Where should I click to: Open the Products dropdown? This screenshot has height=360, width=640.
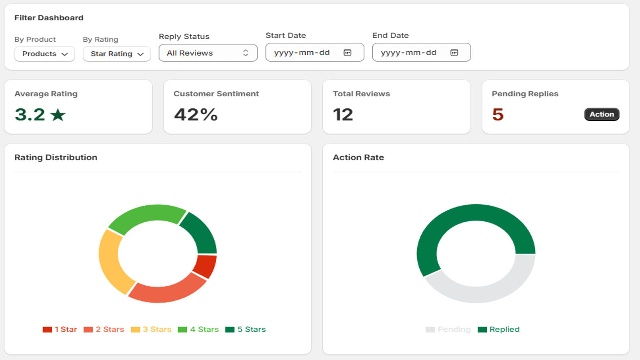[x=44, y=54]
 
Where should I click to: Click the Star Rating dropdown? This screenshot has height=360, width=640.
[x=116, y=54]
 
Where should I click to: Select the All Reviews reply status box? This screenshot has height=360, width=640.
[x=208, y=53]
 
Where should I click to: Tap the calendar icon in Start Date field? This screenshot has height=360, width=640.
[x=348, y=52]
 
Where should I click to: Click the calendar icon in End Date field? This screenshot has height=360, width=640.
[x=454, y=52]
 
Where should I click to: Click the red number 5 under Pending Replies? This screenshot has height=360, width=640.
[x=498, y=114]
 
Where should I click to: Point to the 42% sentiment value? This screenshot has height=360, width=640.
[x=196, y=114]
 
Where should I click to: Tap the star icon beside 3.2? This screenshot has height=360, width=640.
[x=58, y=115]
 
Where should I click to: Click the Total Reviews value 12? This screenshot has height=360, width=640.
[x=343, y=114]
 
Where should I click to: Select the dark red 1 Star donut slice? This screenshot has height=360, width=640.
[x=205, y=266]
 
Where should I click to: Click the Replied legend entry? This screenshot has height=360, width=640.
[x=498, y=330]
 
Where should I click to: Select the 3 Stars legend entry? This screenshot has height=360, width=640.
[x=151, y=330]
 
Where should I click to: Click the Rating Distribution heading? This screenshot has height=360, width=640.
[x=56, y=158]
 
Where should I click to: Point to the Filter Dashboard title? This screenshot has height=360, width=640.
[x=49, y=18]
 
